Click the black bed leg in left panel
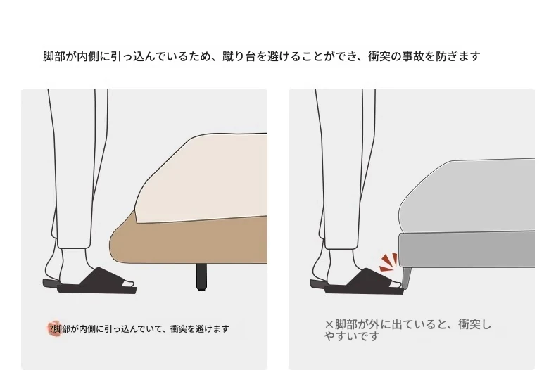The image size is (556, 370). pyautogui.click(x=201, y=276)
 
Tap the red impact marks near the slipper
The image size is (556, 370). pyautogui.click(x=389, y=262)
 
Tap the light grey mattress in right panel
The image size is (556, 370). pyautogui.click(x=467, y=197)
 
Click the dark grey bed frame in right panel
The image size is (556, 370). pyautogui.click(x=467, y=249)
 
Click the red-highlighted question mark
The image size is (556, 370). pyautogui.click(x=52, y=329)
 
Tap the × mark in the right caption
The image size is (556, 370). pyautogui.click(x=329, y=324)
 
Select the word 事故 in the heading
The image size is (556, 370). pyautogui.click(x=412, y=57)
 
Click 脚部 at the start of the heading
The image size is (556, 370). pyautogui.click(x=54, y=57)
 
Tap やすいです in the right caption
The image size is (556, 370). pyautogui.click(x=352, y=336)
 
